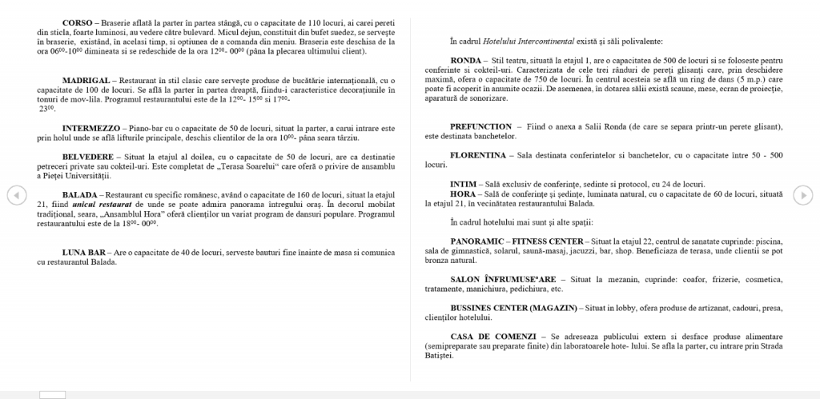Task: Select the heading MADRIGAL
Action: coord(86,81)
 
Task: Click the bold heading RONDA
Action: coord(465,61)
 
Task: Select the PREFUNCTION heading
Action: coord(480,127)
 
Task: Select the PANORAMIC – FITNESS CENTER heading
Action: coord(517,241)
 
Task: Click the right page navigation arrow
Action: coord(802,194)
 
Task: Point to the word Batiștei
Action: coord(439,356)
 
